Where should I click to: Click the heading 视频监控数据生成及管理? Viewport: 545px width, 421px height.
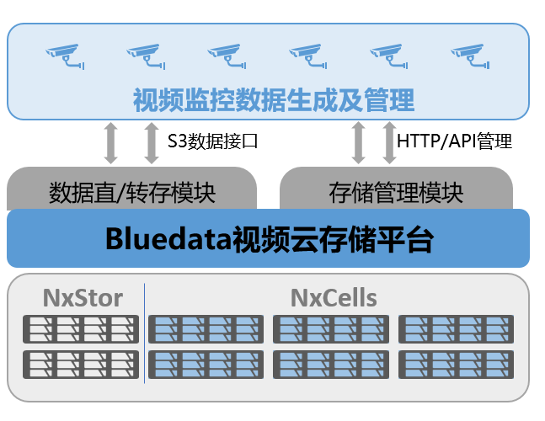point(274,101)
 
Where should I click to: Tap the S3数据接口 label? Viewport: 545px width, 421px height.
point(211,141)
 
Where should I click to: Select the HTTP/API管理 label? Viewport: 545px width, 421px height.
point(454,141)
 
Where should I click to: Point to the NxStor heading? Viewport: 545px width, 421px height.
point(83,297)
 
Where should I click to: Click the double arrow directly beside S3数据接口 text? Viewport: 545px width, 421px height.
point(152,141)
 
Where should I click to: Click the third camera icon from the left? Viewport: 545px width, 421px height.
point(227,56)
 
